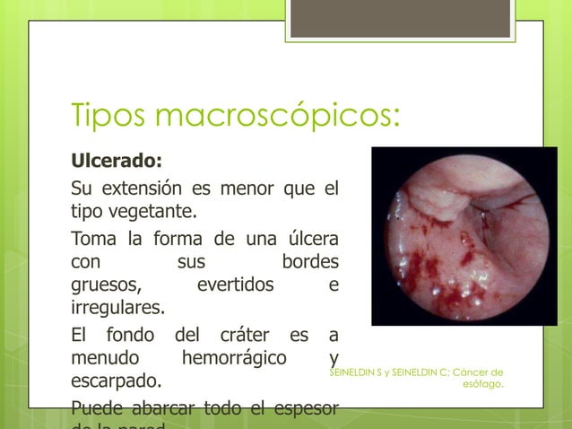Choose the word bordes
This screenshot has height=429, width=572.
310,264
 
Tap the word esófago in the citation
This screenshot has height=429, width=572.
482,385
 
